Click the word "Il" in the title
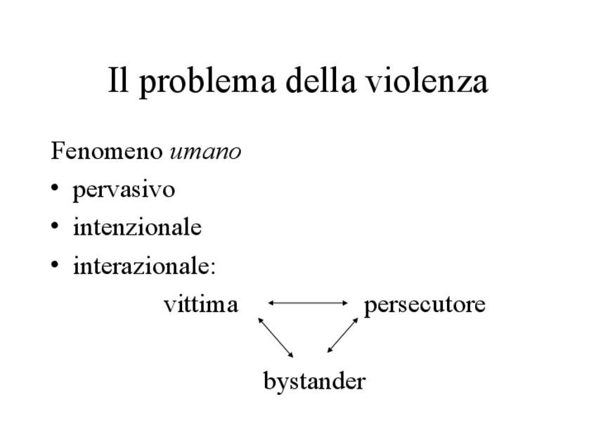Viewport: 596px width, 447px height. coord(117,82)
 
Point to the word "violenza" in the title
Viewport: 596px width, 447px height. coord(424,82)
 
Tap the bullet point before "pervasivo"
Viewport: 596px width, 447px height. coord(56,190)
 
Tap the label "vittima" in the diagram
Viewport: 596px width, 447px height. coord(200,305)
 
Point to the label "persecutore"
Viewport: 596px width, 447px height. coord(425,306)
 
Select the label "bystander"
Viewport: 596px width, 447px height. coord(314,382)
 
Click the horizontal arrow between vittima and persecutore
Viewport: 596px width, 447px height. coord(308,303)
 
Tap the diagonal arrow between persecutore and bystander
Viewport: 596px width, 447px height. coord(343,335)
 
